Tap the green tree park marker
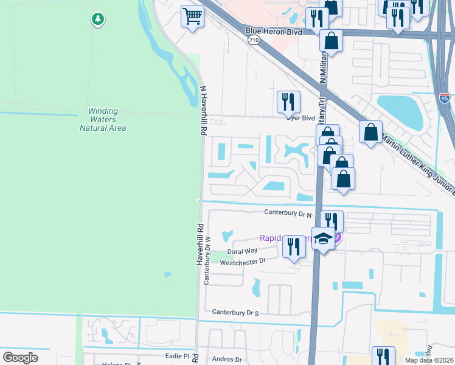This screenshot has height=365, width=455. coord(97,19)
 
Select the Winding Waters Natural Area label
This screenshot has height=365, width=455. coord(103,119)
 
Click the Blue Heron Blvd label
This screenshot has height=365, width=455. coord(274,30)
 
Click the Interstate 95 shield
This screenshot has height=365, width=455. coord(445,97)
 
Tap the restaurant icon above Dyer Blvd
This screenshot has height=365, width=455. coord(288,102)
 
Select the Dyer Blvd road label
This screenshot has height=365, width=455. coord(301,118)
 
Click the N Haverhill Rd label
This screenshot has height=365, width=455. coord(204,110)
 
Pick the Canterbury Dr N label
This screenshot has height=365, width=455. coord(287,212)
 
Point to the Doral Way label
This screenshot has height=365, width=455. coord(242,251)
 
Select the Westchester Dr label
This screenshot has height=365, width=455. coord(243,262)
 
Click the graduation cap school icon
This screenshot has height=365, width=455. coord(323,240)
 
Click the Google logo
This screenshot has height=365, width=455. coord(20,358)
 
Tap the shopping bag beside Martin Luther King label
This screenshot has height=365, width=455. coord(370,132)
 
